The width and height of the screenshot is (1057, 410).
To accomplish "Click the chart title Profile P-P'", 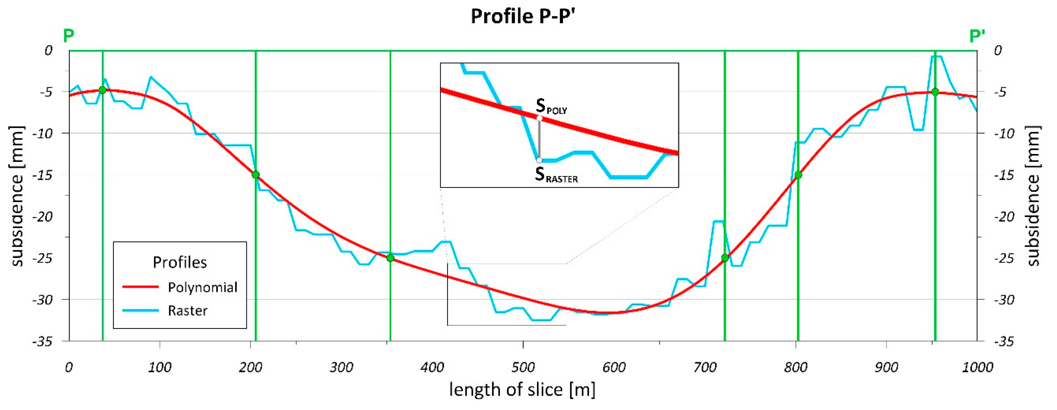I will pyautogui.click(x=524, y=16).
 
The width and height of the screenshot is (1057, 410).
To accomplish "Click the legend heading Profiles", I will pyautogui.click(x=180, y=262).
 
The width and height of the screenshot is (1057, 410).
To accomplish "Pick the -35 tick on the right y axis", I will pyautogui.click(x=1003, y=341).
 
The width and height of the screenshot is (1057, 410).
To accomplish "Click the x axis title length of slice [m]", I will pyautogui.click(x=522, y=389).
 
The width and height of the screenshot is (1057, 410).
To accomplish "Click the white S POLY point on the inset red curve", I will pyautogui.click(x=540, y=118).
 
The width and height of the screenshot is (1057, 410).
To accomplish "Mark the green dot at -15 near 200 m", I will pyautogui.click(x=256, y=175).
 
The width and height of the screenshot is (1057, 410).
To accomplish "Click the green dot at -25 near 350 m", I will pyautogui.click(x=390, y=258).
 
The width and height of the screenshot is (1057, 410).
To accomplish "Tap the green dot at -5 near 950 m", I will pyautogui.click(x=935, y=92).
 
